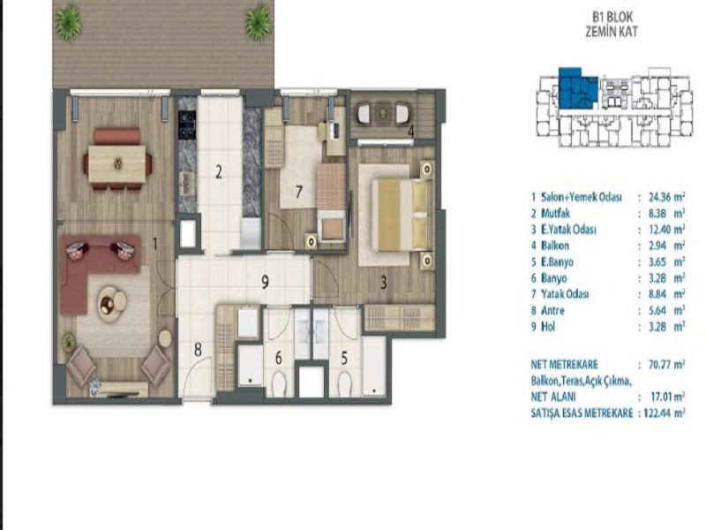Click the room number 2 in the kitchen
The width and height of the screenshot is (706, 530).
219,171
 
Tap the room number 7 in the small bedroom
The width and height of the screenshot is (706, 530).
299,192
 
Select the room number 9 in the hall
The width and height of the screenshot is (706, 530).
266,282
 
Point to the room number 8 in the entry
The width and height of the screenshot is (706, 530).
198,350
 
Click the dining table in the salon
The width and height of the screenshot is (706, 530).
117,163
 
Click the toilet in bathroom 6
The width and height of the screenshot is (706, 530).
279,383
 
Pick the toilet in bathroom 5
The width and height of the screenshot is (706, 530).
345,383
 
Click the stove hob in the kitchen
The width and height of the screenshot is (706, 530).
187,124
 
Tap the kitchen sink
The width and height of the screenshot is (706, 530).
186,184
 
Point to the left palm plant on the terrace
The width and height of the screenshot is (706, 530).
69,21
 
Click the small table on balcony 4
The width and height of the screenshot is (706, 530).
383,111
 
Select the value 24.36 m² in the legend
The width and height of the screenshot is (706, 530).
667,197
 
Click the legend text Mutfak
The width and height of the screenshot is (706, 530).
556,213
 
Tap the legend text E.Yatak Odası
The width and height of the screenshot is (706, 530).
568,230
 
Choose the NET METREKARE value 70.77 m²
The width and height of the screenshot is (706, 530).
667,364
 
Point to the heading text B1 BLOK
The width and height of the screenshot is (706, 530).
612,18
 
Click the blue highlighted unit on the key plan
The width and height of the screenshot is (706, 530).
578,88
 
